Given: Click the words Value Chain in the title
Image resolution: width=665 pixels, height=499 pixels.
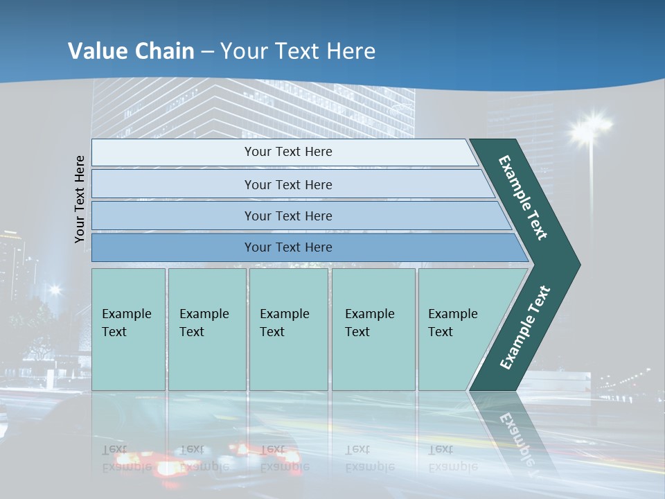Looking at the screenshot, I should click(x=131, y=51).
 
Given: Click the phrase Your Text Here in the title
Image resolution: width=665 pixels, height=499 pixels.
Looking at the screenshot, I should click(x=298, y=51).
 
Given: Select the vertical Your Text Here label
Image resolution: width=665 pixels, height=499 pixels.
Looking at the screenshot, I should click(x=80, y=199).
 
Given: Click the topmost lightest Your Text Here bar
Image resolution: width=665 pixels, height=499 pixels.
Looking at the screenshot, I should click(x=287, y=152).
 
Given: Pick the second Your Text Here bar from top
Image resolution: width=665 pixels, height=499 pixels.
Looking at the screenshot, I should click(x=287, y=184).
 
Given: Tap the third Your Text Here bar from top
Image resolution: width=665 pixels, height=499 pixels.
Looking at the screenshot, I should click(x=287, y=216).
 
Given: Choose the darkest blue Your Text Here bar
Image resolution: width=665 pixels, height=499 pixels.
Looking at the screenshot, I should click(x=287, y=247).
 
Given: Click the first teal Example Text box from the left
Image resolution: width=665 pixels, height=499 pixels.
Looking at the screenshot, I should click(x=128, y=329).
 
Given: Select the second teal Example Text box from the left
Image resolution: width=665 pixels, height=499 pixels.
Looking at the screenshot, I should click(x=206, y=329).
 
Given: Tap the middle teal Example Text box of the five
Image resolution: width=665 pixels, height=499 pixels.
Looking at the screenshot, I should click(x=288, y=329).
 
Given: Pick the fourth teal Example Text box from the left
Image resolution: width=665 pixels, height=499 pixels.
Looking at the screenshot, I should click(x=373, y=329).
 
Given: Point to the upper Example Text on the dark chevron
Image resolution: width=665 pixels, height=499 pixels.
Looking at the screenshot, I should click(x=524, y=197).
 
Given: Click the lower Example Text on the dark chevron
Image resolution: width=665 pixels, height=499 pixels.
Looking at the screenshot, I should click(x=525, y=327).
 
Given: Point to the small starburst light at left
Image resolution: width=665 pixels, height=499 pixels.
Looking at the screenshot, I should click(x=54, y=290).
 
